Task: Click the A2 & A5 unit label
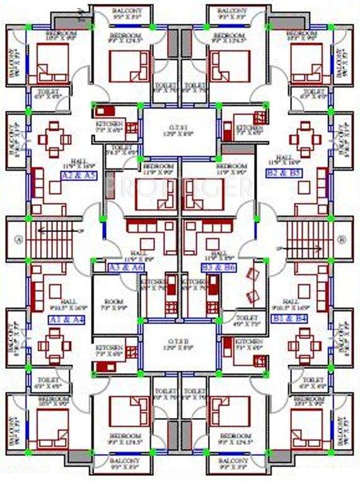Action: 79,176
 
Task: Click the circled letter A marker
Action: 19,239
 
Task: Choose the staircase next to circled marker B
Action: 304,239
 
